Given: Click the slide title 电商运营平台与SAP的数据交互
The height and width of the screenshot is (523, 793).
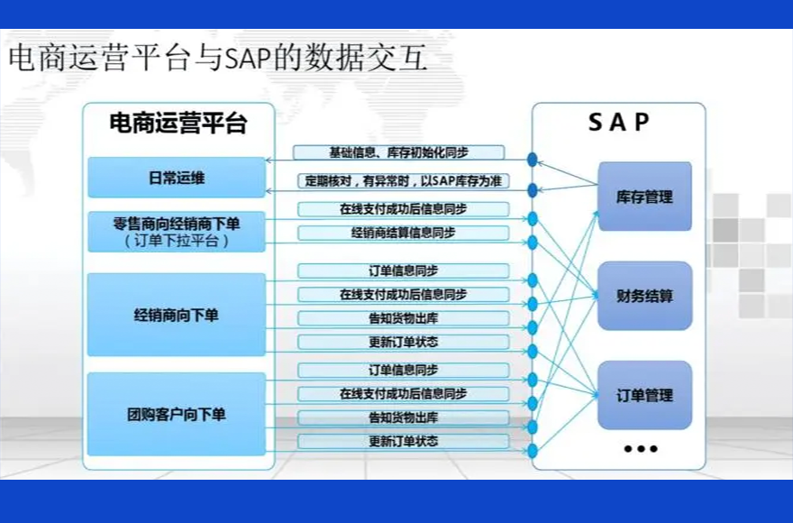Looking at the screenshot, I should pyautogui.click(x=216, y=60).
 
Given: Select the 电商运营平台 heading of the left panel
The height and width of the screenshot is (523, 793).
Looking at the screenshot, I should pyautogui.click(x=177, y=124).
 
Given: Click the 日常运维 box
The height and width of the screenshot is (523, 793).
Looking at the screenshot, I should pyautogui.click(x=177, y=178).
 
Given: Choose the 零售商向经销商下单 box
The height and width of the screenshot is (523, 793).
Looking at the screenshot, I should pyautogui.click(x=177, y=232).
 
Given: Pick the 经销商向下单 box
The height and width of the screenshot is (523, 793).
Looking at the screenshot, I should pyautogui.click(x=177, y=316).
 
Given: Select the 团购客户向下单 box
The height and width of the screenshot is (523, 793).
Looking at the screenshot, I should pyautogui.click(x=177, y=415).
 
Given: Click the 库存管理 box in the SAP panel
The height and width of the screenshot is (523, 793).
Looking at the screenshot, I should pyautogui.click(x=644, y=197).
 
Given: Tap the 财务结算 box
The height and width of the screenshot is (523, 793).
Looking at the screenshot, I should pyautogui.click(x=644, y=296).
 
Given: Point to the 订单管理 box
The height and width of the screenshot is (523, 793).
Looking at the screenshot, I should pyautogui.click(x=644, y=395).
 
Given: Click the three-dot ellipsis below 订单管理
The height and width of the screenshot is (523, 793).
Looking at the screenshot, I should pyautogui.click(x=641, y=448).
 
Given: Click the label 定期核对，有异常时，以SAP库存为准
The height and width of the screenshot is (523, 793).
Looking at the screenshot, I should pyautogui.click(x=403, y=181).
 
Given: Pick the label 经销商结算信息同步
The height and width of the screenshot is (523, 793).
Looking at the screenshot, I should pyautogui.click(x=403, y=233).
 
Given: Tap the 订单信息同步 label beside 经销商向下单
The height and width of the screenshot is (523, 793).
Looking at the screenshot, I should pyautogui.click(x=403, y=271).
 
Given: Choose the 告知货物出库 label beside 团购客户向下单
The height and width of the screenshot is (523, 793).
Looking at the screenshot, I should pyautogui.click(x=403, y=417).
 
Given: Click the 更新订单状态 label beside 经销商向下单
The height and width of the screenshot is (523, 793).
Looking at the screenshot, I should pyautogui.click(x=403, y=343).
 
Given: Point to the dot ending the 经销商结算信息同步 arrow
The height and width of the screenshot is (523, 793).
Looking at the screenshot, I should pyautogui.click(x=533, y=242).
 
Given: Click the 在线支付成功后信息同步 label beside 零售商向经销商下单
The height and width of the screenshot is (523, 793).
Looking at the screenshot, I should pyautogui.click(x=403, y=209).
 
